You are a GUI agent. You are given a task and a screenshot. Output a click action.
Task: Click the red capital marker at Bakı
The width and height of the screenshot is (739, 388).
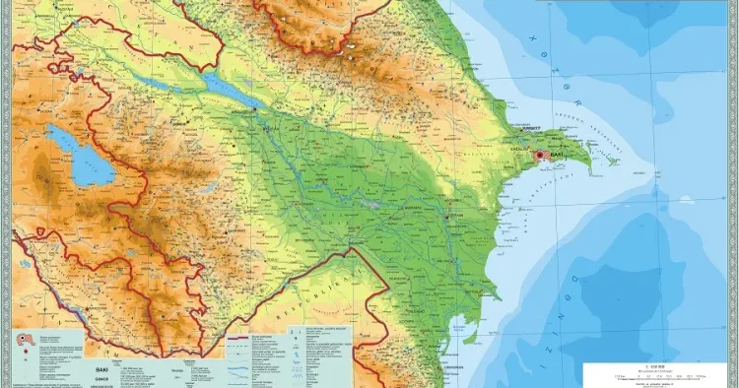(x=539, y=157)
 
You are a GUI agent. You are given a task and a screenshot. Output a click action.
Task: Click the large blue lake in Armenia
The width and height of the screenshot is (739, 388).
(x=80, y=153)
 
